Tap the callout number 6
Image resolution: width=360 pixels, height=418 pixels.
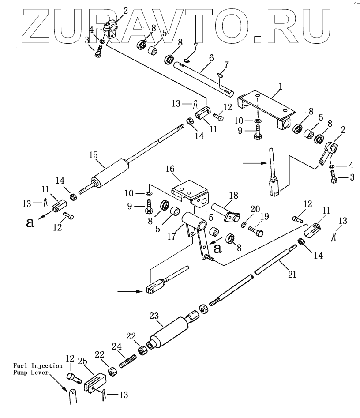point(211,58)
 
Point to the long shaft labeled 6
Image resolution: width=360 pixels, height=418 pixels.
point(203,77)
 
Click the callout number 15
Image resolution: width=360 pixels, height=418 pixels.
point(93,155)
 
